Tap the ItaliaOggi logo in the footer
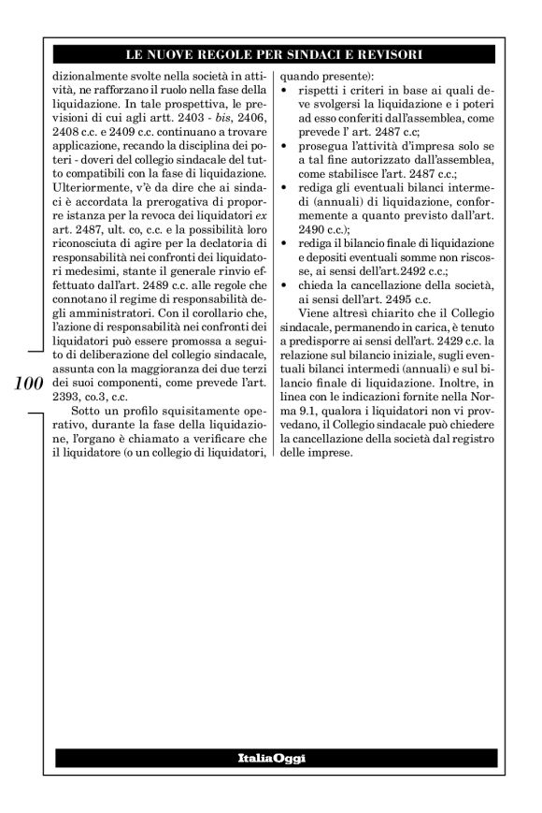click(271, 757)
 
